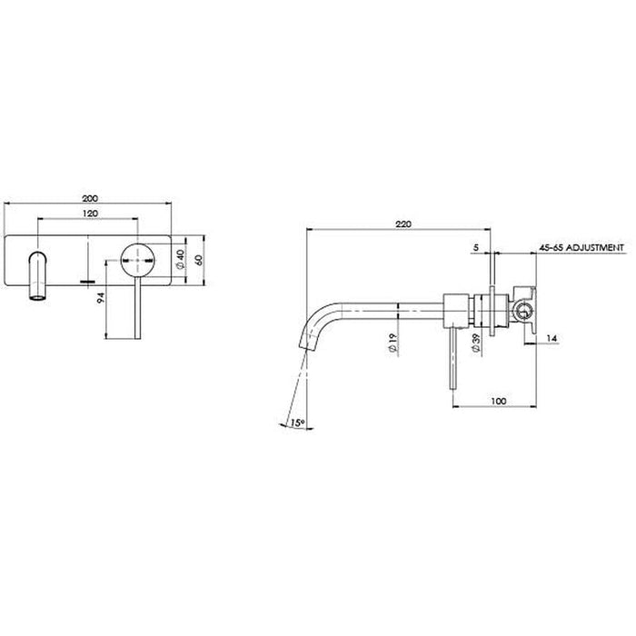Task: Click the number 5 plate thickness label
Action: coord(476,246)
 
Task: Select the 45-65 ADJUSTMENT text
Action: coord(580,246)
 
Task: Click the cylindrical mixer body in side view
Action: coord(457,310)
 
